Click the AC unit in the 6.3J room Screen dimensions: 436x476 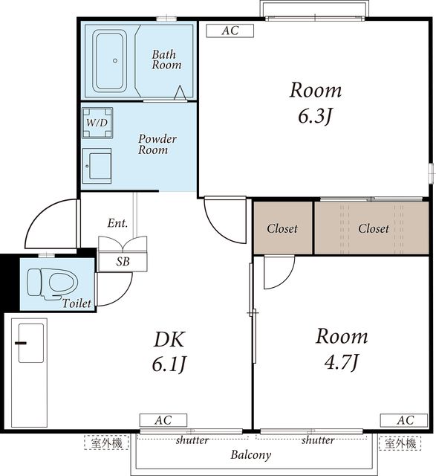tap(230, 30)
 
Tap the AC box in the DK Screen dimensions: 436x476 tap(163, 420)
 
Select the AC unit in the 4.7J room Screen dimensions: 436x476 tap(404, 420)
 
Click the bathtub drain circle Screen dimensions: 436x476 tap(115, 61)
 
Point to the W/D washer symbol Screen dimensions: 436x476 tap(97, 123)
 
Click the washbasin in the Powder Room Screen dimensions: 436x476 tap(97, 166)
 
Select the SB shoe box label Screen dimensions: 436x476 tap(123, 261)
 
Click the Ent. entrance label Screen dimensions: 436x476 tap(117, 223)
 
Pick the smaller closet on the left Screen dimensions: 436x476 tap(283, 228)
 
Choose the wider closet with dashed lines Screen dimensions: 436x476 tap(371, 228)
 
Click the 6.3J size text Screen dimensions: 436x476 tap(316, 116)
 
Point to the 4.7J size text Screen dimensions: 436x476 tap(342, 362)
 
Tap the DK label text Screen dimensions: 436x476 tap(169, 339)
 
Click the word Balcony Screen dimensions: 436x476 tap(251, 454)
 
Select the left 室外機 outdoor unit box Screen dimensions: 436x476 tap(106, 443)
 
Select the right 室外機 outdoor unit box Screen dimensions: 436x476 tap(400, 443)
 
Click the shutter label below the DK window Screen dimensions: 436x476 tap(192, 440)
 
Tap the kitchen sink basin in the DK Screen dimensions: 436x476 tap(31, 343)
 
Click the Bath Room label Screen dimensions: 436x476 tap(166, 59)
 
